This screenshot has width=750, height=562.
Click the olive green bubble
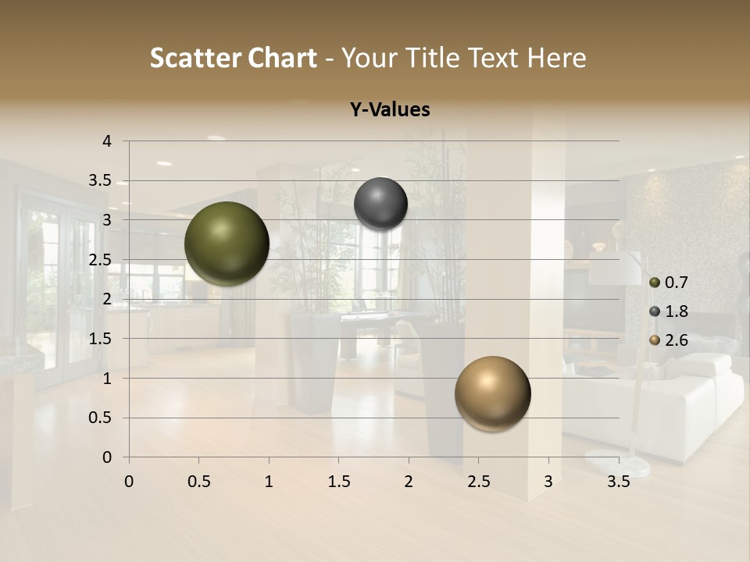pyautogui.click(x=227, y=244)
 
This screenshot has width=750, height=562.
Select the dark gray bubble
pyautogui.click(x=380, y=204)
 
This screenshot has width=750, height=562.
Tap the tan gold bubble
pyautogui.click(x=492, y=393)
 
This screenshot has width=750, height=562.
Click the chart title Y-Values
pyautogui.click(x=389, y=110)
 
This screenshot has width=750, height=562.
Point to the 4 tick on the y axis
pyautogui.click(x=107, y=141)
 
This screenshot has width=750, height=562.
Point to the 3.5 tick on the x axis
pyautogui.click(x=619, y=482)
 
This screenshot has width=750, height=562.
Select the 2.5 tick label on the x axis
pyautogui.click(x=479, y=482)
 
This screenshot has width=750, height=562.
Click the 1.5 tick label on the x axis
pyautogui.click(x=338, y=482)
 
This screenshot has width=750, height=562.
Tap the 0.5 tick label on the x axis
pyautogui.click(x=198, y=482)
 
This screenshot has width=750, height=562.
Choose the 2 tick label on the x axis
pyautogui.click(x=409, y=482)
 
